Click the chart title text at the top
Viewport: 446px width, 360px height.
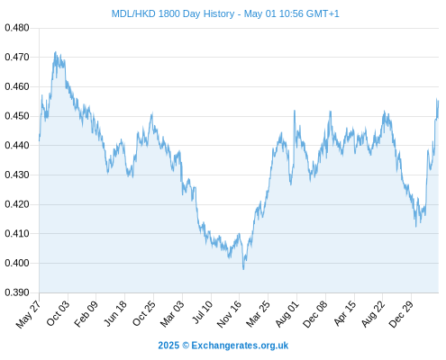point(225,13)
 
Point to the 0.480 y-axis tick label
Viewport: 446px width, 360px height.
point(17,28)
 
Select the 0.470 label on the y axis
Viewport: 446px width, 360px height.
point(17,57)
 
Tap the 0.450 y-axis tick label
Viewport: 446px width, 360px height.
point(17,116)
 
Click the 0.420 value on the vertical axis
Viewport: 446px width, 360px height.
point(17,204)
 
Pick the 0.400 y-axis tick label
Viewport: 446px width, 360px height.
point(17,263)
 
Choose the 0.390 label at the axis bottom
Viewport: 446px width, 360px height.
point(17,292)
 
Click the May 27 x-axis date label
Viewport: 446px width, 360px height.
point(28,314)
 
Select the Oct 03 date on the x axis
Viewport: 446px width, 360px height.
point(58,313)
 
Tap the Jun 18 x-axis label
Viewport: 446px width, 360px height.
point(115,313)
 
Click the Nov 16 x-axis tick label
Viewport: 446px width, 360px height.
point(229,314)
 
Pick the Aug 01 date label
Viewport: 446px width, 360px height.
point(287,314)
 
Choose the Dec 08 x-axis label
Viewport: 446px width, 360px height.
point(314,314)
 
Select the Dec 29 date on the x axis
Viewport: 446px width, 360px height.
point(401,314)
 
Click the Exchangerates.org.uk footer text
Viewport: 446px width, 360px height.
point(240,346)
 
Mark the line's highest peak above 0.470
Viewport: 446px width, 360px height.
point(55,52)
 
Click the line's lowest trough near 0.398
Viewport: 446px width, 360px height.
point(243,269)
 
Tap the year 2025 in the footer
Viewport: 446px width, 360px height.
point(168,346)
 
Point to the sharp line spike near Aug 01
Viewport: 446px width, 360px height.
point(295,111)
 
